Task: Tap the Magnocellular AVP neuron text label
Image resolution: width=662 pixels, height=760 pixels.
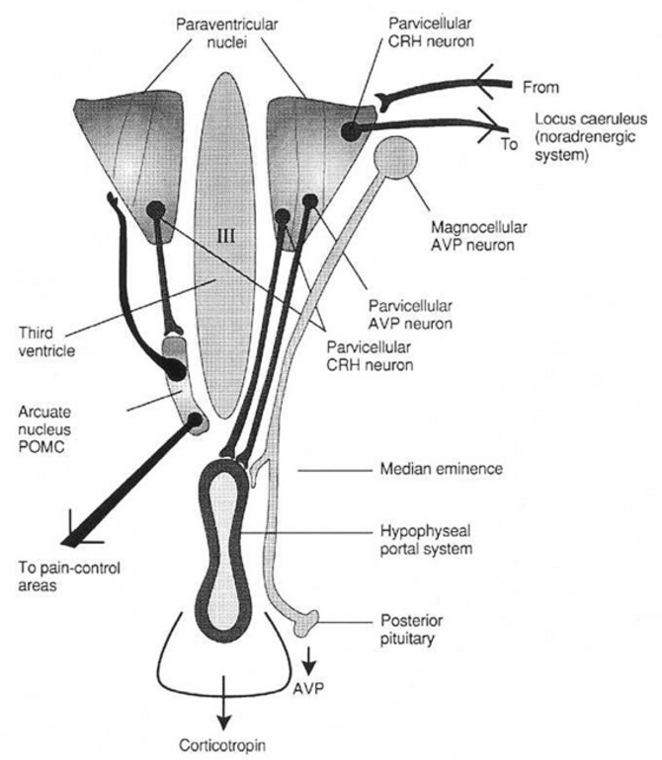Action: (468, 230)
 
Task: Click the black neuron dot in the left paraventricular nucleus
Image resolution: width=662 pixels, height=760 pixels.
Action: (155, 209)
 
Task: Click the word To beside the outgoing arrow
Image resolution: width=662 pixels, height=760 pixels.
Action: (509, 144)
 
